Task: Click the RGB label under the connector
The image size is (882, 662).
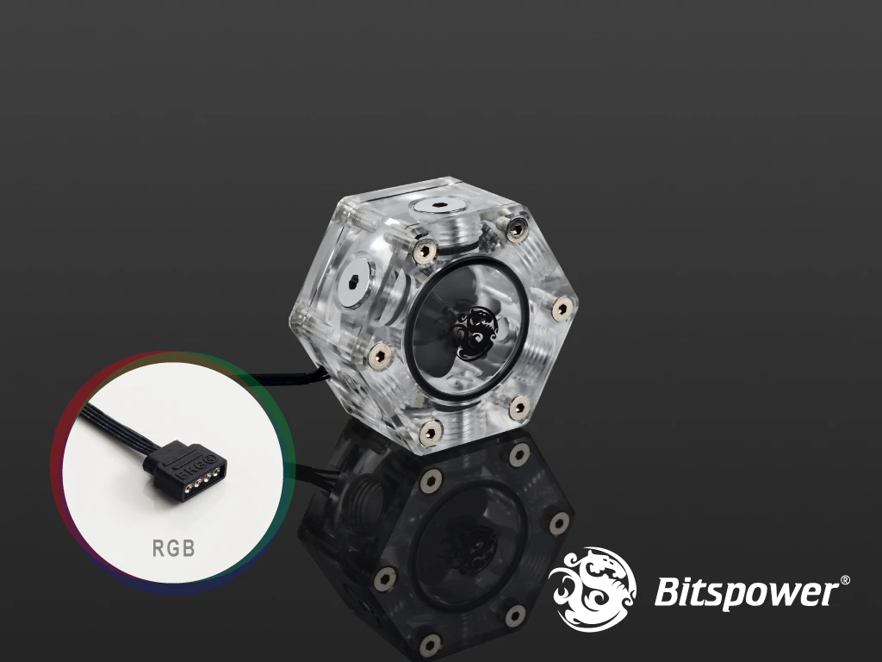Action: click(x=173, y=547)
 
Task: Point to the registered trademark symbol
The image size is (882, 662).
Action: click(x=845, y=580)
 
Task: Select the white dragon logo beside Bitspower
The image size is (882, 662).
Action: click(x=593, y=588)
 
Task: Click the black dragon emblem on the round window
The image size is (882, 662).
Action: click(x=475, y=333)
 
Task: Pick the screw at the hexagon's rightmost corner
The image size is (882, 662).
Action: click(x=562, y=309)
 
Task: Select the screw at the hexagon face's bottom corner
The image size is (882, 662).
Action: click(x=431, y=432)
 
